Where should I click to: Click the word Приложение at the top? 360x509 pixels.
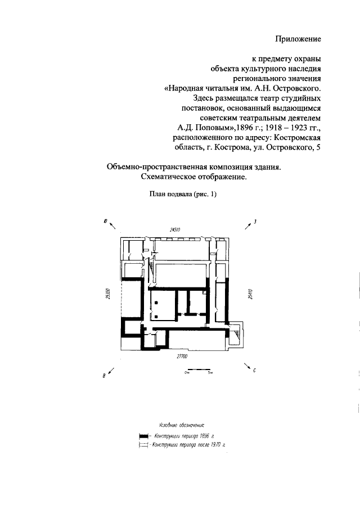click(298, 39)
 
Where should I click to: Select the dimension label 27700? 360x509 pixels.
click(182, 357)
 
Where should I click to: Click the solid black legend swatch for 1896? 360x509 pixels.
click(143, 436)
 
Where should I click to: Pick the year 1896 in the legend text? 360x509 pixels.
click(196, 436)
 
